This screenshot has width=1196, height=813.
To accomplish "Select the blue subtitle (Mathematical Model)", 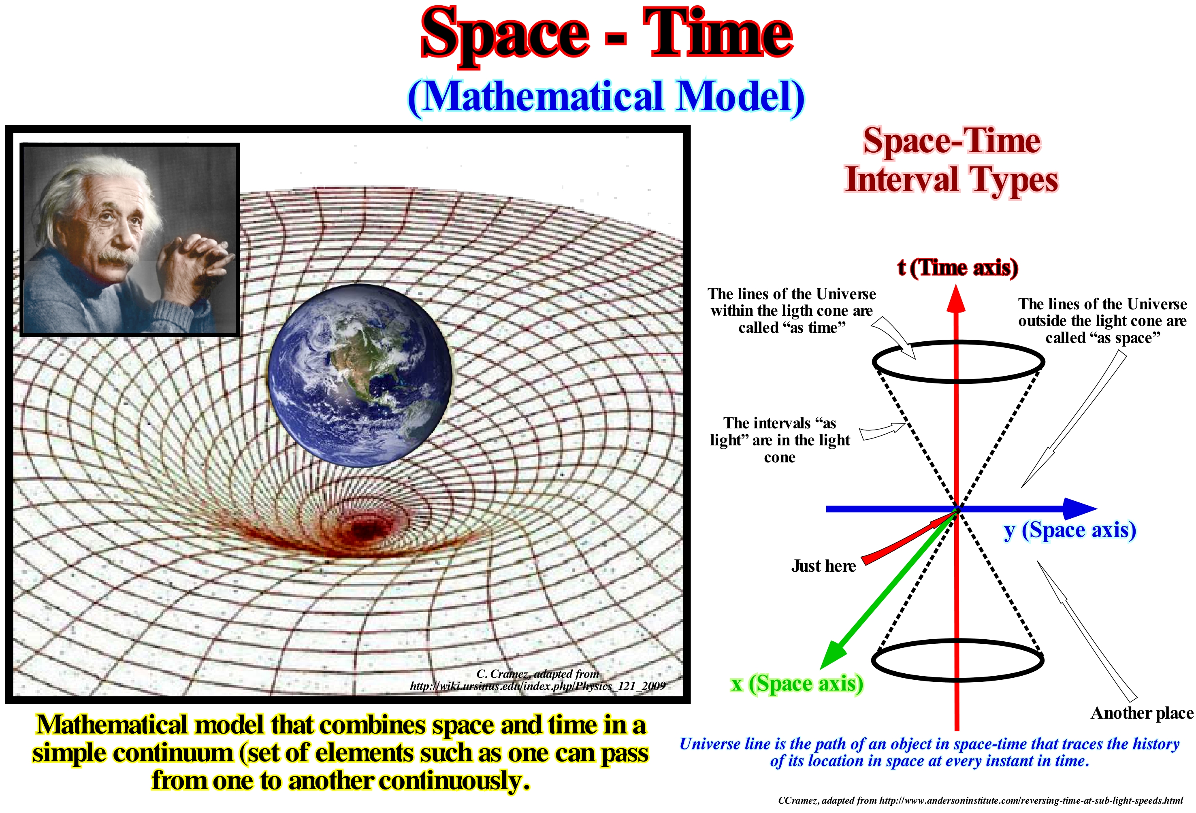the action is point(606,98).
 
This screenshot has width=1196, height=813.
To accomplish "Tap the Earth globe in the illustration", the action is point(360,376).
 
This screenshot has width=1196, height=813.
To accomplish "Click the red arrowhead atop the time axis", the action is point(956,298).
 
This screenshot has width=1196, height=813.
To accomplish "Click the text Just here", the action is point(823,566).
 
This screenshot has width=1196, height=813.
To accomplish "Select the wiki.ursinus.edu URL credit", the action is point(537,686).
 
